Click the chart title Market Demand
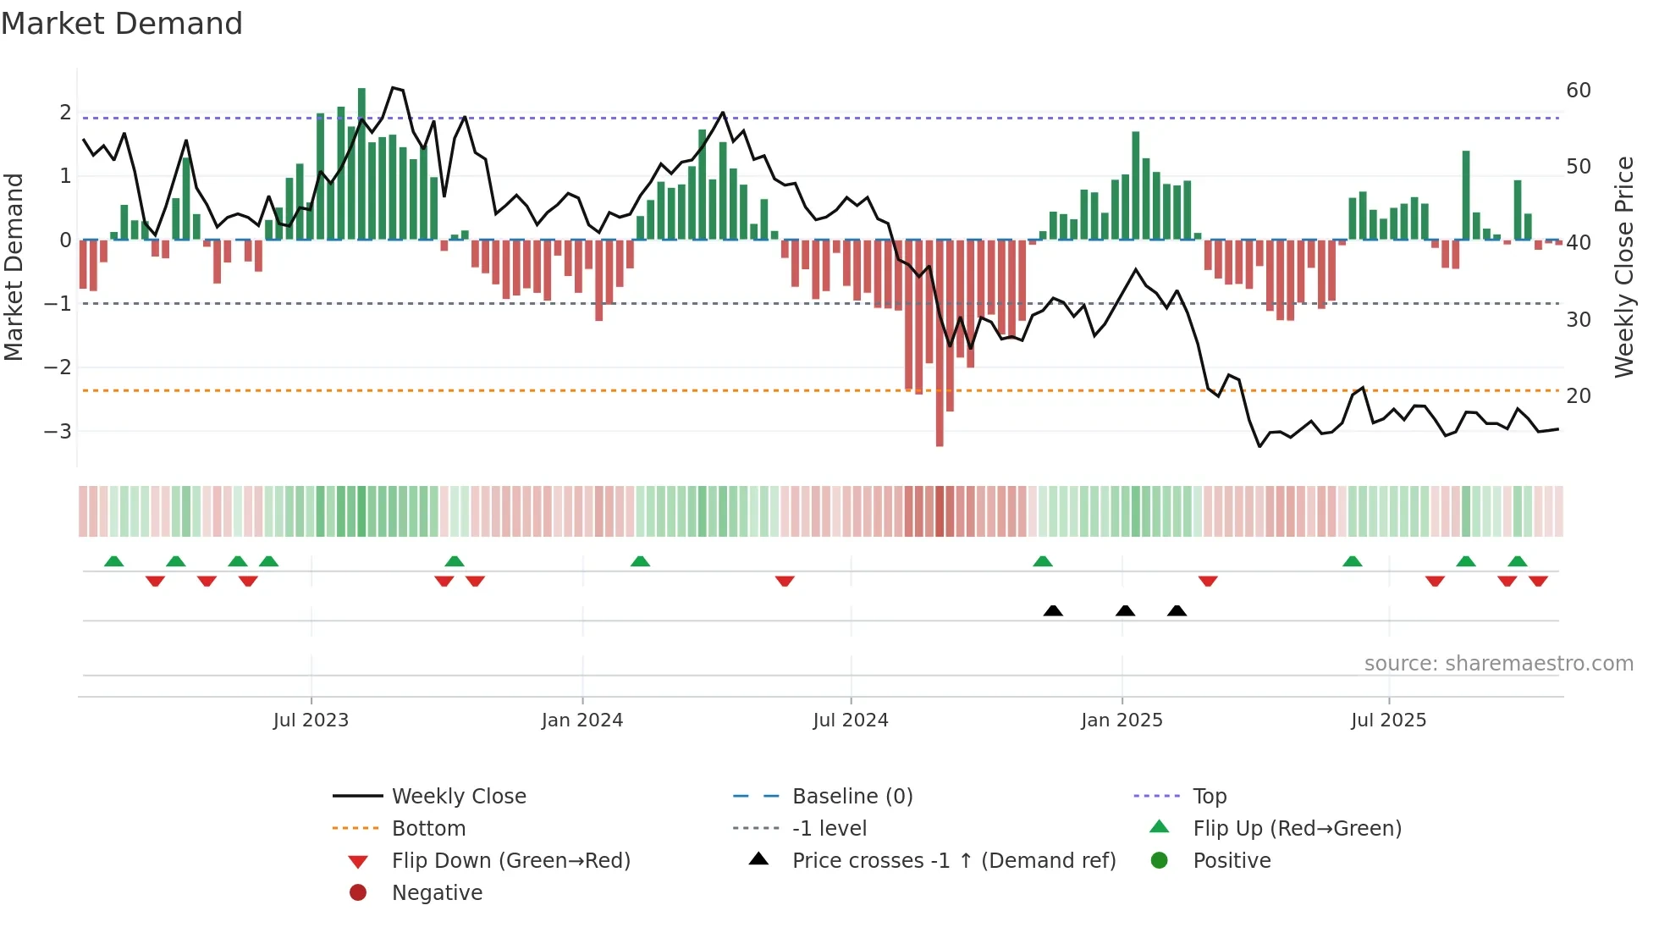pyautogui.click(x=122, y=24)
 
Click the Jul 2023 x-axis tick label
pyautogui.click(x=311, y=720)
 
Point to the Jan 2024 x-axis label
pyautogui.click(x=581, y=720)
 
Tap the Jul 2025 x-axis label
pyautogui.click(x=1388, y=720)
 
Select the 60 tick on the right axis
pyautogui.click(x=1578, y=91)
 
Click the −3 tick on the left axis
pyautogui.click(x=58, y=431)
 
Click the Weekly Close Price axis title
pyautogui.click(x=1623, y=267)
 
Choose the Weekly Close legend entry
pyautogui.click(x=458, y=797)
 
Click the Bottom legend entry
pyautogui.click(x=428, y=829)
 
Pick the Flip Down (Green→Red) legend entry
pyautogui.click(x=510, y=861)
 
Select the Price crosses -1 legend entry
pyautogui.click(x=953, y=861)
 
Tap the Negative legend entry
pyautogui.click(x=437, y=893)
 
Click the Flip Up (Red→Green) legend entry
pyautogui.click(x=1297, y=829)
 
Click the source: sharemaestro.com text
pyautogui.click(x=1498, y=664)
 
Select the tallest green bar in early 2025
pyautogui.click(x=1135, y=186)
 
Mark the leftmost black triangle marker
pyautogui.click(x=1053, y=610)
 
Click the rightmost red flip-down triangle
pyautogui.click(x=1538, y=581)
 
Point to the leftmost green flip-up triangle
pyautogui.click(x=113, y=561)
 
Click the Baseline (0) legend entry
pyautogui.click(x=852, y=797)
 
